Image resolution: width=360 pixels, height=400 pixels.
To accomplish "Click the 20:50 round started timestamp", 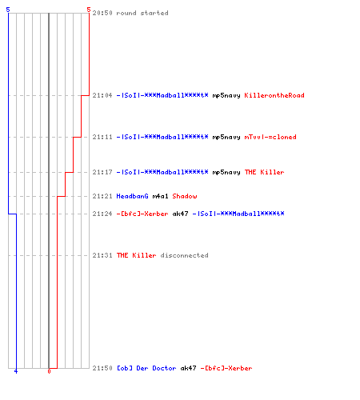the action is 102,13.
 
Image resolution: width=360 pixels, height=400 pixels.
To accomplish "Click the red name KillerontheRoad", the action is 274,95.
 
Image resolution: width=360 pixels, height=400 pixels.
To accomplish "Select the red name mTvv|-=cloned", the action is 270,137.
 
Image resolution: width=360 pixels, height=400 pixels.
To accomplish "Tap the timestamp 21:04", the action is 102,95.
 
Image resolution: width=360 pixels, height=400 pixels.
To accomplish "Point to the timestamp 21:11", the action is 102,137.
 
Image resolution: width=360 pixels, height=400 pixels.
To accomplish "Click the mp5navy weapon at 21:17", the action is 226,173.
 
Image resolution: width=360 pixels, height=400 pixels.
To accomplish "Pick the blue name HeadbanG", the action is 132,196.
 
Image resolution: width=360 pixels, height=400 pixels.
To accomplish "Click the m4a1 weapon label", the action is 160,196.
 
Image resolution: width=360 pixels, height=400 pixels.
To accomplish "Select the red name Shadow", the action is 185,196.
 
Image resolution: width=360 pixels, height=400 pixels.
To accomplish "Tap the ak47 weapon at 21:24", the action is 180,214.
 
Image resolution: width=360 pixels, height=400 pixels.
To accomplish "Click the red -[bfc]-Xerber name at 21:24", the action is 142,214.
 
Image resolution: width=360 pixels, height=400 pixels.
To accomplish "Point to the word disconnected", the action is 184,255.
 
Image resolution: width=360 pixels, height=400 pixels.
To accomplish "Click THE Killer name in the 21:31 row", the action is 136,255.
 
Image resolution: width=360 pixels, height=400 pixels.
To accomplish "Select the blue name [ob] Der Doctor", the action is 146,368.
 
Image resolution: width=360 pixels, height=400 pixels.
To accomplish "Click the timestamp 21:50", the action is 102,368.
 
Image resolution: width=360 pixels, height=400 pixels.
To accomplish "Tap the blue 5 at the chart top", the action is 8,10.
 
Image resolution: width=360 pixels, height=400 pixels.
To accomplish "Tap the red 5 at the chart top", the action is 89,10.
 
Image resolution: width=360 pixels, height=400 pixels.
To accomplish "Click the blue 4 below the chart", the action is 16,371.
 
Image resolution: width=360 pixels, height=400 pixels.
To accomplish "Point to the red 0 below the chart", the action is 49,371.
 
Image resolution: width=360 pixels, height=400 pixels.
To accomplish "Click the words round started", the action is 142,13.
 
